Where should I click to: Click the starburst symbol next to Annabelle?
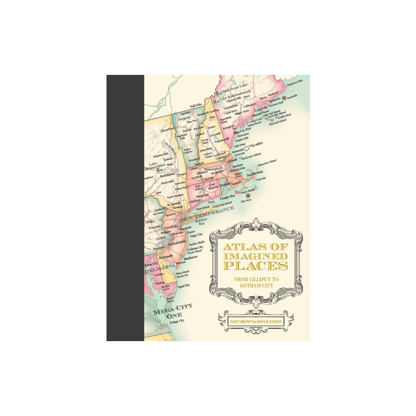284,98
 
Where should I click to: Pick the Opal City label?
184,285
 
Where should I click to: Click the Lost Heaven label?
213,186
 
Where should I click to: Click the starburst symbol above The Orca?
248,195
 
